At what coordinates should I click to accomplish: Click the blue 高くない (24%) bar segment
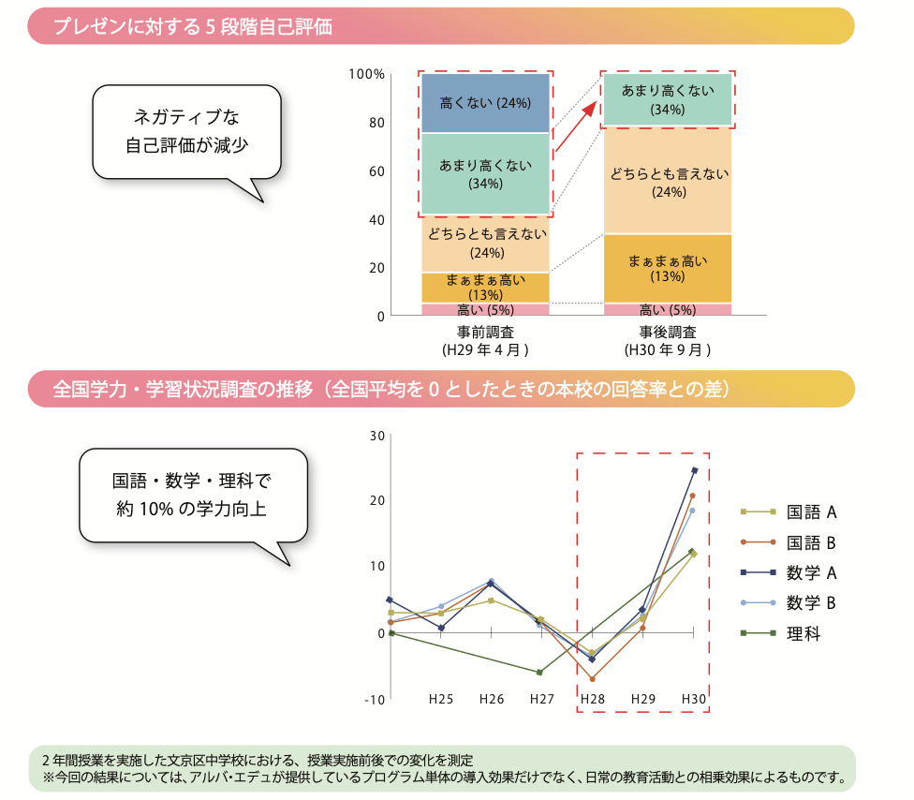click(x=485, y=102)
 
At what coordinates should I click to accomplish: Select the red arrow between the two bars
click(x=575, y=129)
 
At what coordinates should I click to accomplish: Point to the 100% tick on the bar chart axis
click(x=366, y=74)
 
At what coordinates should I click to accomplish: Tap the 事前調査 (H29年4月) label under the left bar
click(x=485, y=341)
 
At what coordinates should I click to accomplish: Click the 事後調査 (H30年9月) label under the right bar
click(x=668, y=341)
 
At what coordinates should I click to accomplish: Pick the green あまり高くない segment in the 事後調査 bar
click(x=668, y=99)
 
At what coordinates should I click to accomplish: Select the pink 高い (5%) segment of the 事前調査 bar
click(x=485, y=310)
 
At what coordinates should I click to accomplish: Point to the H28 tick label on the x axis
click(x=592, y=699)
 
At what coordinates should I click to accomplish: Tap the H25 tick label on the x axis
click(x=441, y=699)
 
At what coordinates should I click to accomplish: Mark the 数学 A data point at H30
click(x=694, y=470)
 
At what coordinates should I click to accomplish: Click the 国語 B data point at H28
click(x=592, y=678)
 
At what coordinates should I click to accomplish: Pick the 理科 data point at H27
click(x=540, y=672)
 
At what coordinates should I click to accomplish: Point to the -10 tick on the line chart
click(x=375, y=700)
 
